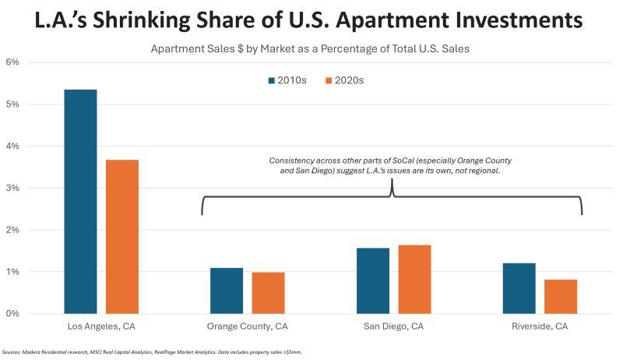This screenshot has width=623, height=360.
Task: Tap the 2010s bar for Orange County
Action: click(227, 291)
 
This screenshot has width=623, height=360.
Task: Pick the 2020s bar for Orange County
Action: click(268, 293)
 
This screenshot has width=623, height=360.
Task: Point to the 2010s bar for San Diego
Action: click(373, 281)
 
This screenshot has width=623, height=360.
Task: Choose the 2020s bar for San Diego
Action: click(414, 279)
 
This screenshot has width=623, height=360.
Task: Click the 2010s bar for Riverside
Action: click(519, 288)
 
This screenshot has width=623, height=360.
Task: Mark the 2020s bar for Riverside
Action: click(561, 296)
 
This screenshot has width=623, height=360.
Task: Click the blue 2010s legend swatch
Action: click(272, 79)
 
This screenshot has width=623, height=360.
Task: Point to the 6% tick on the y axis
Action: click(12, 62)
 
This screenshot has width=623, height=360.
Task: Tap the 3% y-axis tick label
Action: click(12, 189)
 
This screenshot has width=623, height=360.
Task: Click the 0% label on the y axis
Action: click(12, 314)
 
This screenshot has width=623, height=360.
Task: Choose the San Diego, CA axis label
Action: click(394, 326)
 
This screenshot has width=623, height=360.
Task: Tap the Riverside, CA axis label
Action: click(540, 326)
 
